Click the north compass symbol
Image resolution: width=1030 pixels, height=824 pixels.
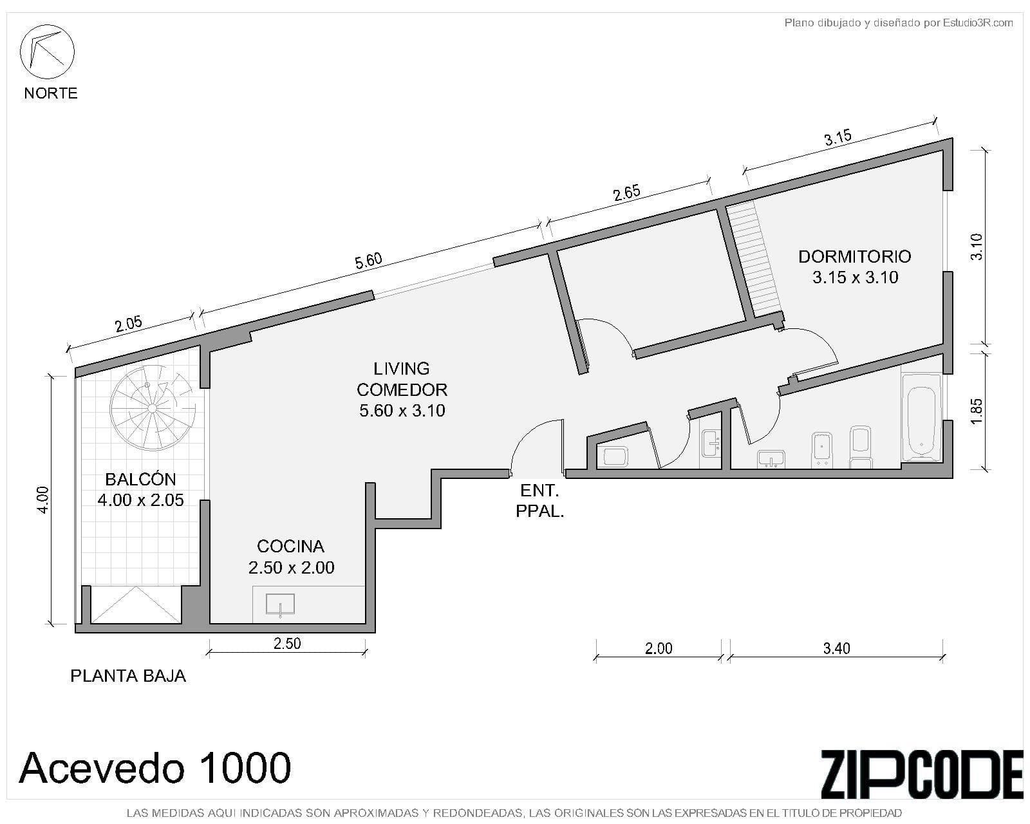47,51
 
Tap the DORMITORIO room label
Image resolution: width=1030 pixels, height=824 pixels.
854,257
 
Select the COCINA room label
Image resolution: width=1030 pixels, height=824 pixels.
290,547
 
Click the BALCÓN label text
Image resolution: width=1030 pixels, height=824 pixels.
140,479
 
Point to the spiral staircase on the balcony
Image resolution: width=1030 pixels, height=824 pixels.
152,408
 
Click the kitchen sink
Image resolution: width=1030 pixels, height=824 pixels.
280,604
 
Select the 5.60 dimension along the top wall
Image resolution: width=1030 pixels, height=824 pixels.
368,261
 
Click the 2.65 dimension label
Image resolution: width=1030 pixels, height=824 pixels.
626,193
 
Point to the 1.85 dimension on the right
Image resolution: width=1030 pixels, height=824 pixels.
977,411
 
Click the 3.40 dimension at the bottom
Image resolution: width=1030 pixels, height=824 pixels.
836,648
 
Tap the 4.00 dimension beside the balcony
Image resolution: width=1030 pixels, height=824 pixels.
42,500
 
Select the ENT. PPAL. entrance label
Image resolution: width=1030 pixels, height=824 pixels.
539,501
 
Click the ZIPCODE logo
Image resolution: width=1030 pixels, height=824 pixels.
921,774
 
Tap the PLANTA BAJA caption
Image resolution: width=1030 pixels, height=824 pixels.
128,675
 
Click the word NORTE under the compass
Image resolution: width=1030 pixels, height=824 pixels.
51,93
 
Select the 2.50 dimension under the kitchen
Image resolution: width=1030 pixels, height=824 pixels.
287,643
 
